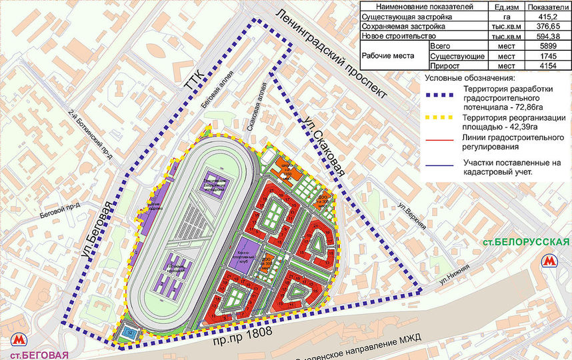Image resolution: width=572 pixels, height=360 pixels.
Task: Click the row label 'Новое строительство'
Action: (x=399, y=36)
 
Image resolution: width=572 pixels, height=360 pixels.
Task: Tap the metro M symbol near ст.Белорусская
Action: (x=550, y=260)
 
